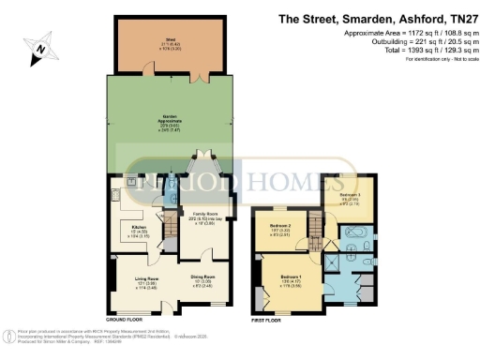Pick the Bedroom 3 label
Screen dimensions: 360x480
click(350, 198)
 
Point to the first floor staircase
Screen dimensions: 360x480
click(316, 226)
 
